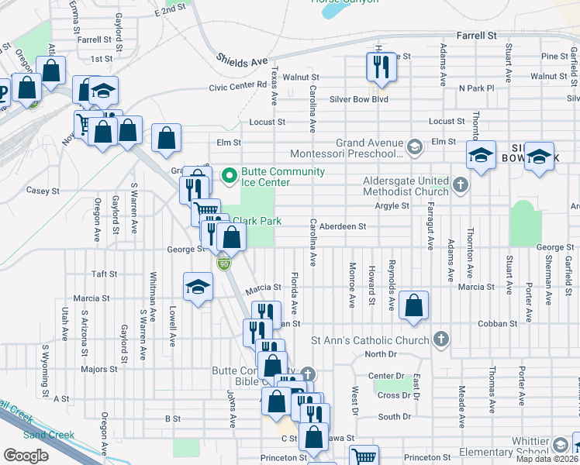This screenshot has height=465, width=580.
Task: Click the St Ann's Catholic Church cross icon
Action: [440, 339]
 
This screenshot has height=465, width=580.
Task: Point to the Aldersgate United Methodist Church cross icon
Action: [461, 184]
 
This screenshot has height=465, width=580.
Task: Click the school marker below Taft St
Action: [199, 288]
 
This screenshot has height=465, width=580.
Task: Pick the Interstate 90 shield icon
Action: [224, 263]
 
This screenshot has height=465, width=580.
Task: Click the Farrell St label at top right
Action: [476, 36]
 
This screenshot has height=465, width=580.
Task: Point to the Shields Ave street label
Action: [242, 60]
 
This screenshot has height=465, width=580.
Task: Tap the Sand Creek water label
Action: [49, 435]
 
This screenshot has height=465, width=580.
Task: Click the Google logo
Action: [26, 456]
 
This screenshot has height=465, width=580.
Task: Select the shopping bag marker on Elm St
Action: [166, 139]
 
